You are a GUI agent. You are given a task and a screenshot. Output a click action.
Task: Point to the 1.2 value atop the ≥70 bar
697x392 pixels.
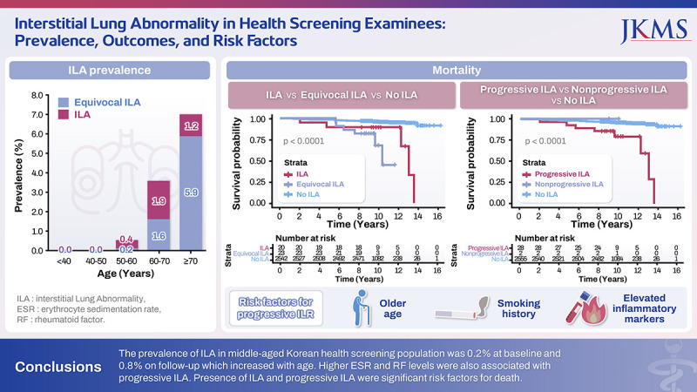coord(191,127)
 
